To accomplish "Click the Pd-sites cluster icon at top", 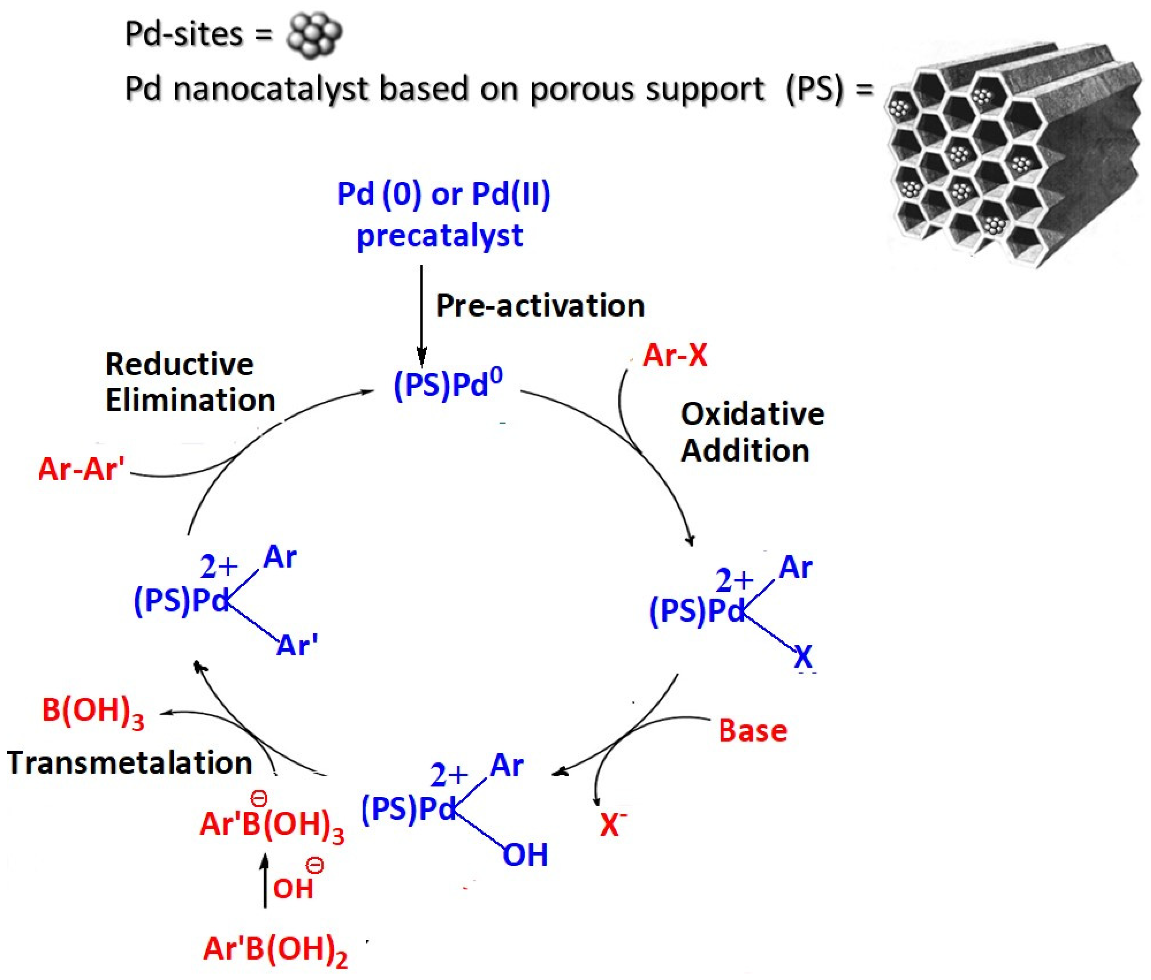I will [314, 35].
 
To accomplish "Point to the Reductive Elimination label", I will [190, 382].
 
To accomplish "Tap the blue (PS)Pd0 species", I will [448, 383].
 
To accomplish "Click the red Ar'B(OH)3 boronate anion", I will [271, 824].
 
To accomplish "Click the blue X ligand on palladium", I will [803, 657].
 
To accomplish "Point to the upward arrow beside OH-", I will [265, 881].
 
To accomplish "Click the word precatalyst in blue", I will [439, 235].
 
